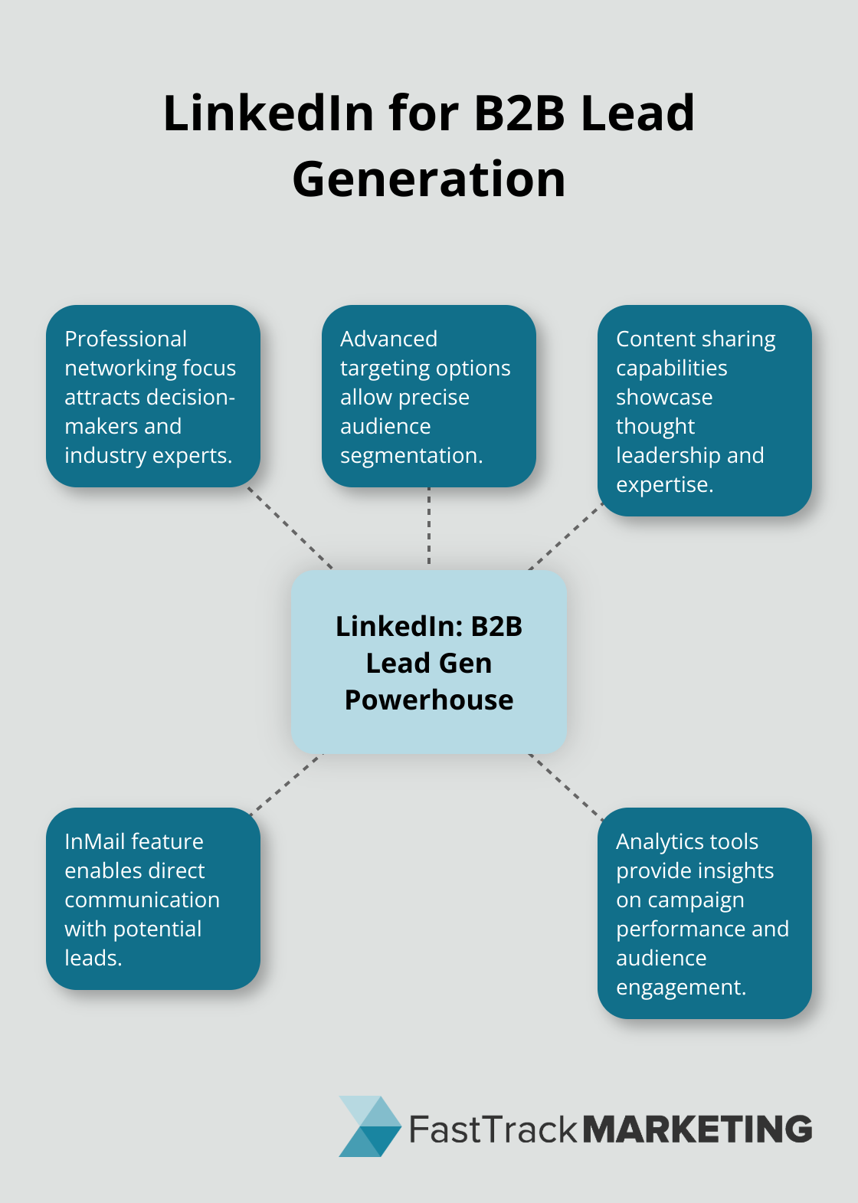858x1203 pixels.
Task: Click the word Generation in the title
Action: coord(429,179)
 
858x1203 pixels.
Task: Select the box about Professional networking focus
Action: coord(153,396)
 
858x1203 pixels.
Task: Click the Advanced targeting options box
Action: coord(428,396)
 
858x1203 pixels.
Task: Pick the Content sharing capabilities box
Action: coord(704,411)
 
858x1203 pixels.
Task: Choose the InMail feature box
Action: coord(153,899)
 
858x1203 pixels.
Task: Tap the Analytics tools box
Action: coord(704,913)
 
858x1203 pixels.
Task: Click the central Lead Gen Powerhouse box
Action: coord(428,662)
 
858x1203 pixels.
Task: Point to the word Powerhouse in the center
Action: coord(429,700)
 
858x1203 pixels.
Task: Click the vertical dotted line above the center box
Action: coord(429,528)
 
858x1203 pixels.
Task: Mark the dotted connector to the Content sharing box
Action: coord(565,536)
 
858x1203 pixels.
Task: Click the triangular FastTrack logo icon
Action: coord(370,1126)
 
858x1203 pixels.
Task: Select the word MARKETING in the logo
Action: coord(697,1129)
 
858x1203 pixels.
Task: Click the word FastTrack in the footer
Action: coord(493,1129)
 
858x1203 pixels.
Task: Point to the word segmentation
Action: coord(411,456)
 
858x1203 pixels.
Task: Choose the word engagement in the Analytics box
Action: coord(680,988)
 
